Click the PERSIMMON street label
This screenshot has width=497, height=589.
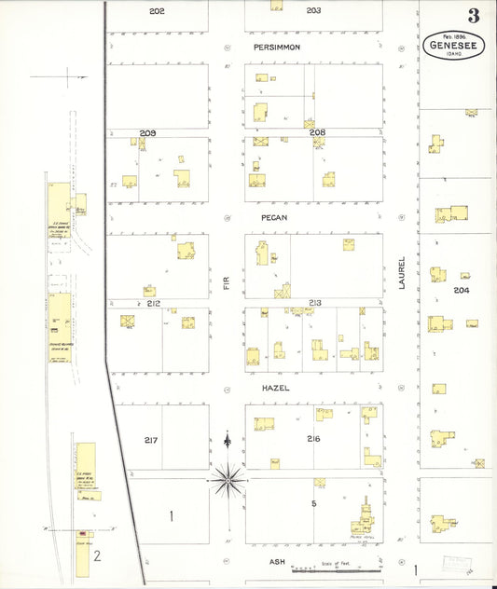[x=274, y=46]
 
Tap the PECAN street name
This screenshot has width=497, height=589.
[x=274, y=217]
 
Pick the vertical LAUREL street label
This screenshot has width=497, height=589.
[x=404, y=273]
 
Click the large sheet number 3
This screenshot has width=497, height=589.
[x=474, y=16]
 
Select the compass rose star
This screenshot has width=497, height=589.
[x=228, y=479]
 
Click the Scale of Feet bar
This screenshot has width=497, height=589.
[x=336, y=568]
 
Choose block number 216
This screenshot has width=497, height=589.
[x=314, y=438]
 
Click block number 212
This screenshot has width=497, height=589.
[x=154, y=303]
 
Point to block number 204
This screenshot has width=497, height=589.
[x=461, y=291]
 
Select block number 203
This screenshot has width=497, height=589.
[x=313, y=10]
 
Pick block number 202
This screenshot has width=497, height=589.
[x=156, y=10]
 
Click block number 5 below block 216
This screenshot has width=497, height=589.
[x=314, y=503]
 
